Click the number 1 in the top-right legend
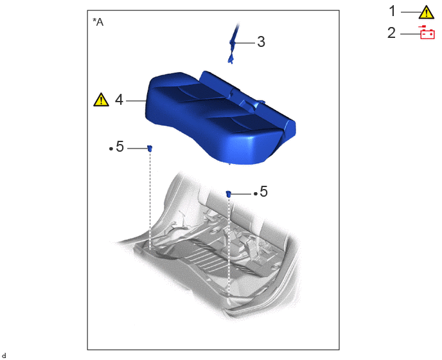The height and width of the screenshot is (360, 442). tap(393, 12)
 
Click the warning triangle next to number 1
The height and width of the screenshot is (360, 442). tap(426, 13)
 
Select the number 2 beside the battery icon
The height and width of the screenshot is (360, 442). tap(391, 33)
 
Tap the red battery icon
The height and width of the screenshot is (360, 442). tap(427, 32)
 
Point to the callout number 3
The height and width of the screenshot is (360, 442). tap(261, 42)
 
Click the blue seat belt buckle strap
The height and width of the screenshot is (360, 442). tap(233, 44)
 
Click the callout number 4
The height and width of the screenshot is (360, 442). tap(119, 100)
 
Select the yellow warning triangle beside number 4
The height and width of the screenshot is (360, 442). tap(102, 100)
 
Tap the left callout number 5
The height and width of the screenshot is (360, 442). tap(119, 147)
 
